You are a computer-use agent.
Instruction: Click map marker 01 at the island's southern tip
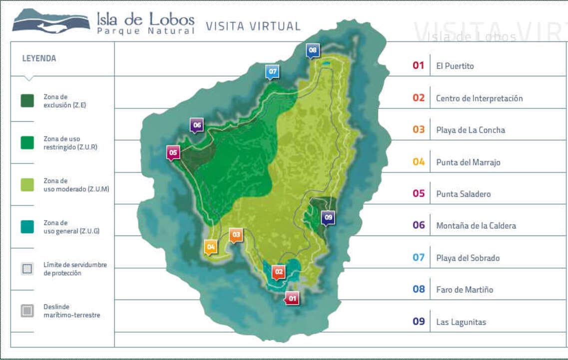pos(292,298)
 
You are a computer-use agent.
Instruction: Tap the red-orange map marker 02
pos(279,272)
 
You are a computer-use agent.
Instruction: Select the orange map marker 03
pos(236,234)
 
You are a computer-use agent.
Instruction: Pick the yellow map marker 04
pos(211,246)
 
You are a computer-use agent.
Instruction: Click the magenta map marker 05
pos(173,152)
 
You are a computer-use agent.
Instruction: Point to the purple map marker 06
pos(197,124)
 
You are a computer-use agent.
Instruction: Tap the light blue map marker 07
pos(272,71)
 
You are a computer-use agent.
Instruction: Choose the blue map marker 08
pos(313,50)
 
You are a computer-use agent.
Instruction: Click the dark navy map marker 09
pos(328,217)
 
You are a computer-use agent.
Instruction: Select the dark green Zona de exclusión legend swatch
pos(27,100)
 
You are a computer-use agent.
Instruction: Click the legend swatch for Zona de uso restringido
pos(27,142)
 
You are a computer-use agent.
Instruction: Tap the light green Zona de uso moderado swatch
pos(27,184)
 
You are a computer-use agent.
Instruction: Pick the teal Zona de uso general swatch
pos(27,226)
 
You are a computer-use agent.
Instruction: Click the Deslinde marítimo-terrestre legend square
pos(27,310)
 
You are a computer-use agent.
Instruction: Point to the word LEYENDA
pos(39,58)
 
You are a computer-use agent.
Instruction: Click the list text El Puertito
pos(455,66)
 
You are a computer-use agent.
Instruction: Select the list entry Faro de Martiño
pos(464,289)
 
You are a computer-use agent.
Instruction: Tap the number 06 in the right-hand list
pos(419,225)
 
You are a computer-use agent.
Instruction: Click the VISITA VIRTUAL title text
pos(253,26)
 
